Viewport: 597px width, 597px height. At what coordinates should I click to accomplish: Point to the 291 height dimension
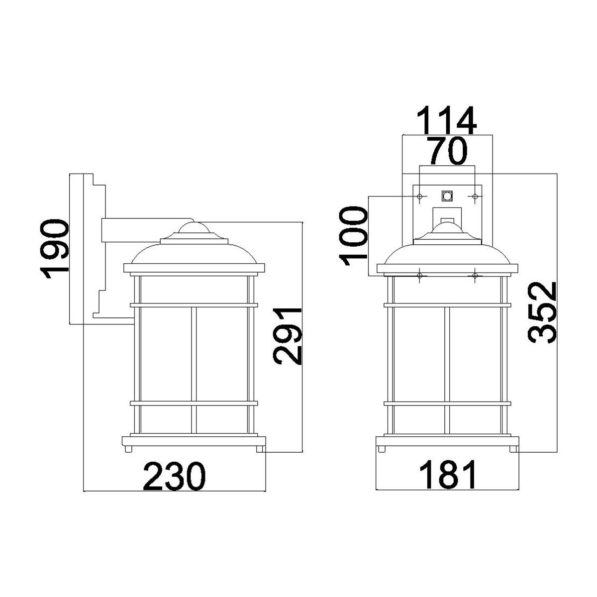click(x=289, y=336)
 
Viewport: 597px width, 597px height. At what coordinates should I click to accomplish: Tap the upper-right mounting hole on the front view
click(x=475, y=197)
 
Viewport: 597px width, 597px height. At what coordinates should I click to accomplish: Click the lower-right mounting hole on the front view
click(x=475, y=275)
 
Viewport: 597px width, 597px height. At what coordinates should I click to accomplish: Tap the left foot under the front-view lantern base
click(x=383, y=449)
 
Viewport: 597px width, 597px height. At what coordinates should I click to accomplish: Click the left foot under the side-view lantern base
click(x=129, y=449)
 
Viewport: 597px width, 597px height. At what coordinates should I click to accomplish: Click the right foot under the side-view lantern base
click(x=259, y=449)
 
